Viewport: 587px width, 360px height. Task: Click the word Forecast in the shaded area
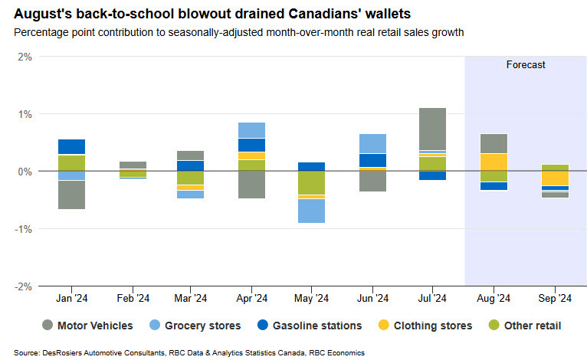click(x=526, y=65)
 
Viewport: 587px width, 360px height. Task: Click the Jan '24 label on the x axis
click(x=71, y=298)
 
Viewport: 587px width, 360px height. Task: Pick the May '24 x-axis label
click(x=312, y=298)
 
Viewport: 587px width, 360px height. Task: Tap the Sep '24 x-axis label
click(x=553, y=298)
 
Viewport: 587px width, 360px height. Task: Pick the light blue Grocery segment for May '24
click(x=312, y=211)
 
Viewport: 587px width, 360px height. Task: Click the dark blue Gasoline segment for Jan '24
click(x=71, y=146)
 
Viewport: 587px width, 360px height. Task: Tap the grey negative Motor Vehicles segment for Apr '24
click(x=252, y=185)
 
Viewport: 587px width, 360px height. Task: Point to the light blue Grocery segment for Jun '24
click(x=372, y=143)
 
